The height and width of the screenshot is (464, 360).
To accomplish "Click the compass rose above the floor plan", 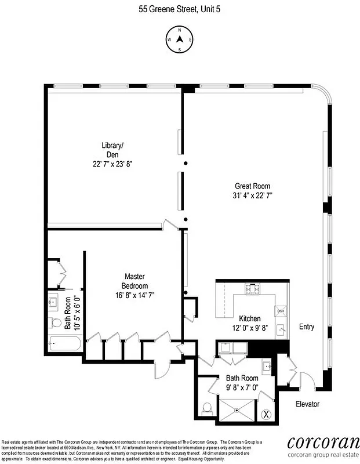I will pos(179,39).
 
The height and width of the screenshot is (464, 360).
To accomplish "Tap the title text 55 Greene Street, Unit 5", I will pos(180,9).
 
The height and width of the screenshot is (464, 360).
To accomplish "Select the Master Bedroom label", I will pos(134,281).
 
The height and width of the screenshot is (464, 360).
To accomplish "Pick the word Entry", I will pos(307,327).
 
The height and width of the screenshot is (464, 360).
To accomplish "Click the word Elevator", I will pos(307,404).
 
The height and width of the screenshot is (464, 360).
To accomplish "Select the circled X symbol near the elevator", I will pos(266,414).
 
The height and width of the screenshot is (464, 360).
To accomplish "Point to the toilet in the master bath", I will pos(56,322).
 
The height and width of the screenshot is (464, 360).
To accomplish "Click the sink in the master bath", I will pos(54,302).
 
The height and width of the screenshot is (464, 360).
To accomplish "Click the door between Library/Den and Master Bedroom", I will pos(169,224).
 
